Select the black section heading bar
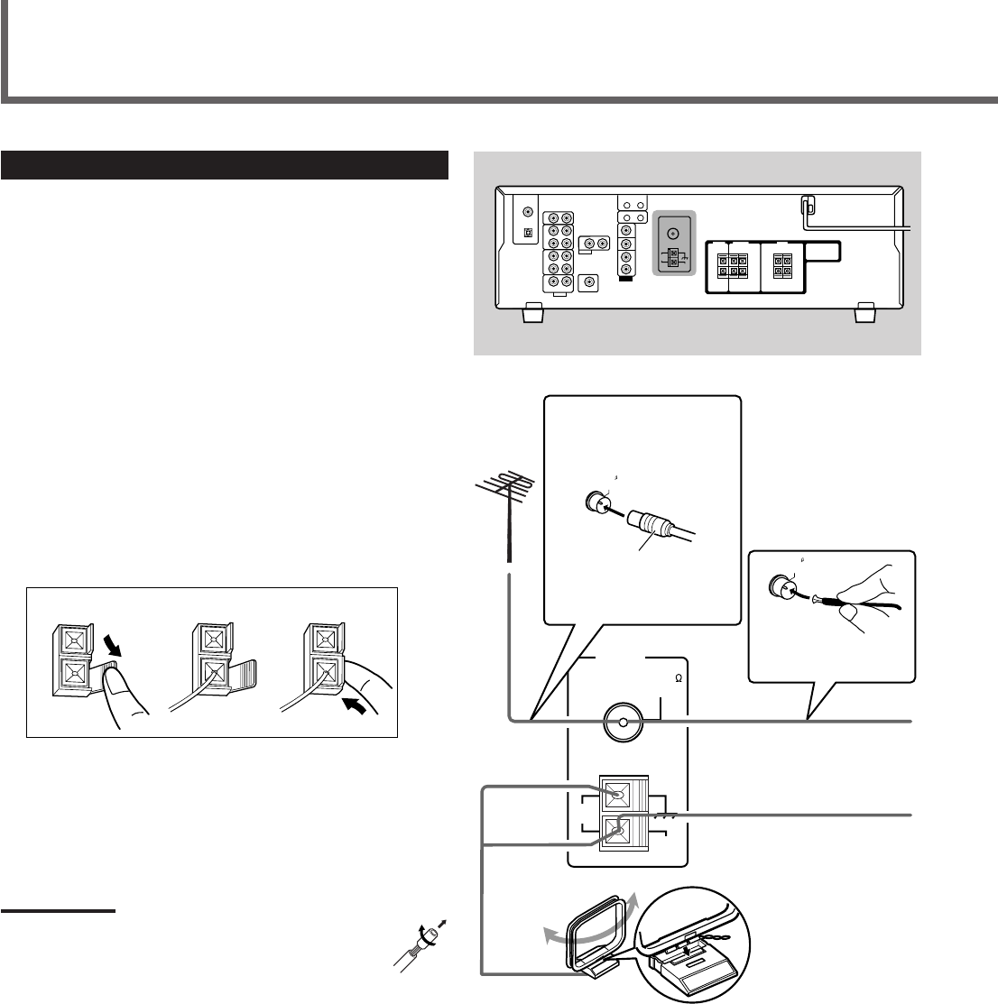point(226,166)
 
